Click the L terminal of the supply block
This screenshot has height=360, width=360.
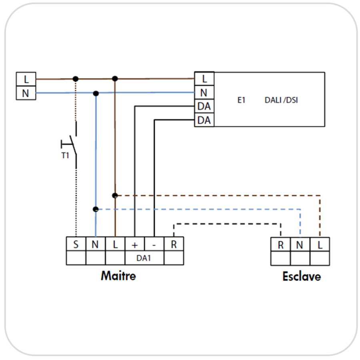[x=26, y=79]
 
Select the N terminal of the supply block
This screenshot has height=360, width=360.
[x=26, y=93]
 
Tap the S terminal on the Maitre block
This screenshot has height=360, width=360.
[x=76, y=244]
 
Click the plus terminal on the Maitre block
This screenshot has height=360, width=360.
[x=135, y=244]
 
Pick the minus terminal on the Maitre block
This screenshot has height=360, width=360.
[x=154, y=244]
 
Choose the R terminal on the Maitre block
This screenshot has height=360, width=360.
[x=174, y=244]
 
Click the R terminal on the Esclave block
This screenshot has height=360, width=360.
[x=280, y=244]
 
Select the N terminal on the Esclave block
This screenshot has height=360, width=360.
[x=300, y=244]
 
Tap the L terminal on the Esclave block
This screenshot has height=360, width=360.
[x=320, y=244]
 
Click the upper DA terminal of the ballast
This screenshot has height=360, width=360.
[x=204, y=106]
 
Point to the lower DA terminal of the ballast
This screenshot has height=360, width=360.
[x=204, y=120]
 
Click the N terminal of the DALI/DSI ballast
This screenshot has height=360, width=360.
[x=204, y=92]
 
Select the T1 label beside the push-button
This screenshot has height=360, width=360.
[x=65, y=156]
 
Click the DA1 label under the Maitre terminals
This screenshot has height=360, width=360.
[x=144, y=258]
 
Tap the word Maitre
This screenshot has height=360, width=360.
[x=118, y=276]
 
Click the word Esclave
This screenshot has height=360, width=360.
[x=302, y=276]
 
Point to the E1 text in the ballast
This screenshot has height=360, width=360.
[x=241, y=100]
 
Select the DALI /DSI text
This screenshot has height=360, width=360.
[x=281, y=100]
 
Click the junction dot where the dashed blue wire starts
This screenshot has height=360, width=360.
[x=96, y=209]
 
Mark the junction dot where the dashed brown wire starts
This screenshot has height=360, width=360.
[x=115, y=196]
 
